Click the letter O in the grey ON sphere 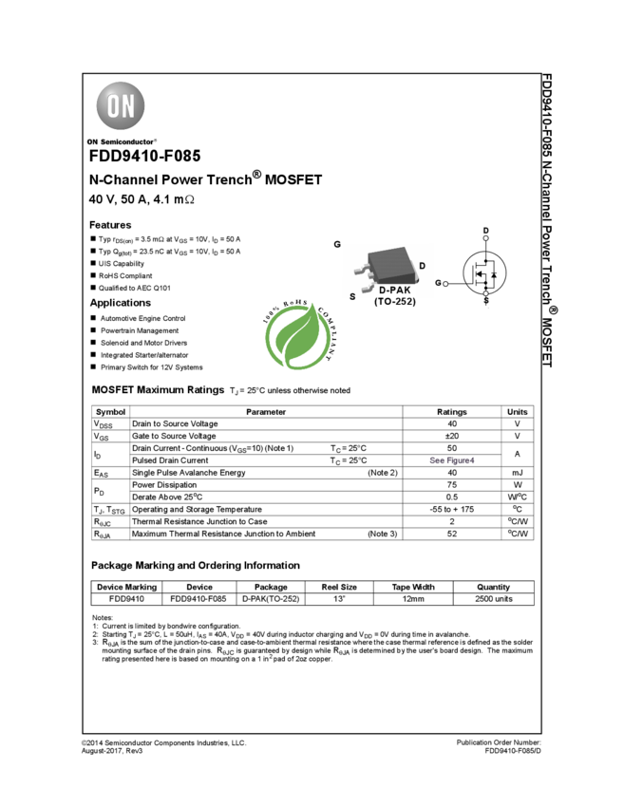112,106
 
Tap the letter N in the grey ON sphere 128,106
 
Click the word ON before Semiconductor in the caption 92,141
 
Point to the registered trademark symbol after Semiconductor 155,139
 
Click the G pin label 337,244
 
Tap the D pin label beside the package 423,266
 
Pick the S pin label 352,296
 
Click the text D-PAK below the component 394,290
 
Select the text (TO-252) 394,301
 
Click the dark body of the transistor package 391,262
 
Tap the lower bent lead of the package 368,285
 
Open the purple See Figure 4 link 452,460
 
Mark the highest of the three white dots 485,237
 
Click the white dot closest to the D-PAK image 445,284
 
